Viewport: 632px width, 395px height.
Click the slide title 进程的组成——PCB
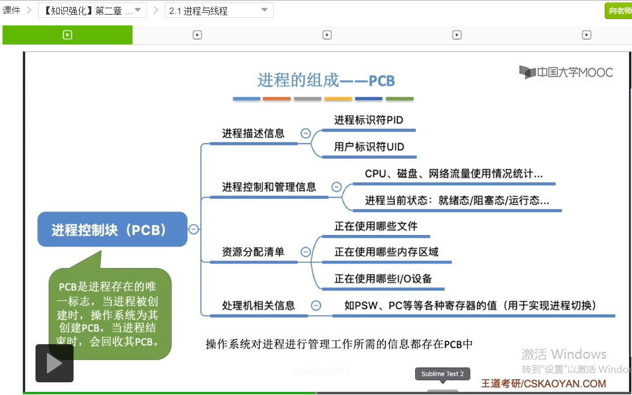326,81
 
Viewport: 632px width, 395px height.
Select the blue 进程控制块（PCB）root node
112,229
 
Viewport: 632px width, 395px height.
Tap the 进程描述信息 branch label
253,133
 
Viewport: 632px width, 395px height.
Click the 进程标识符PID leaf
368,120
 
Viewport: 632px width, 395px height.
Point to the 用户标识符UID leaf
369,147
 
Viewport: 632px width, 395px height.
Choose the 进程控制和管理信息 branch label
269,187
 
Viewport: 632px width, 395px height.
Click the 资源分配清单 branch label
253,252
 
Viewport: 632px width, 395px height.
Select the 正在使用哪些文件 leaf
376,226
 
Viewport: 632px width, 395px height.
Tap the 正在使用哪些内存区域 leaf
386,252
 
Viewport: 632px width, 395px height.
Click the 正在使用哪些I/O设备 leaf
384,279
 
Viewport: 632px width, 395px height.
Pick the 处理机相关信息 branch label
258,305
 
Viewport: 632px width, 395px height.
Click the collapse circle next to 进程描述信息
306,133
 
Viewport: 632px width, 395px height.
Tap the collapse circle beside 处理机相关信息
316,305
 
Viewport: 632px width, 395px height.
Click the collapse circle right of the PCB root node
194,229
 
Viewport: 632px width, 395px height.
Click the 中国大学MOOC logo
566,72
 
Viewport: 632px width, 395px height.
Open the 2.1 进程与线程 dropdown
219,10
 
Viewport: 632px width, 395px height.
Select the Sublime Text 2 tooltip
443,373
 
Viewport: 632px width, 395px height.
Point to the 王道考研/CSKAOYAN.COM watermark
543,384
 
